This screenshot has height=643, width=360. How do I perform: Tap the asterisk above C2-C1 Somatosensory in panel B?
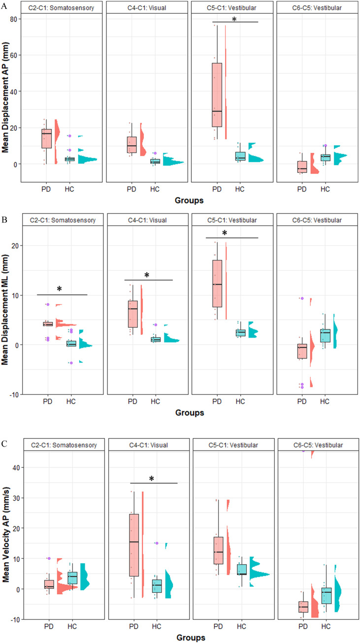60,289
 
